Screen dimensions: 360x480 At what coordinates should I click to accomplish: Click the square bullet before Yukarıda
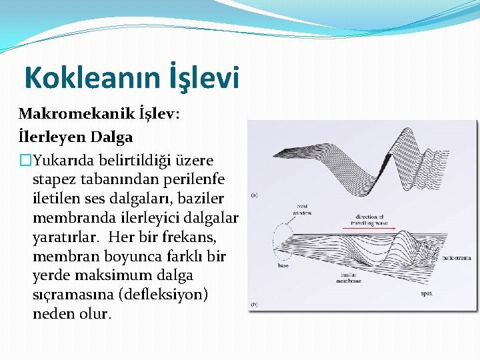click(x=25, y=160)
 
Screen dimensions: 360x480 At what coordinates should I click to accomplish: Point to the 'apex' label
click(x=429, y=293)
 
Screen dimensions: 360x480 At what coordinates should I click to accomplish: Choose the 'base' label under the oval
click(x=283, y=265)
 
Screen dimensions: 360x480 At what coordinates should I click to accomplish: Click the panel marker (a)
click(x=255, y=195)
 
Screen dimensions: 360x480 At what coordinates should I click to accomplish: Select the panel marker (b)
click(x=255, y=304)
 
